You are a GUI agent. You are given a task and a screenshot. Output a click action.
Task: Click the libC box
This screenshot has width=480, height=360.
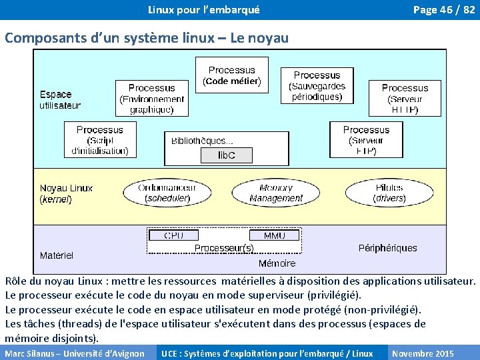tap(227, 155)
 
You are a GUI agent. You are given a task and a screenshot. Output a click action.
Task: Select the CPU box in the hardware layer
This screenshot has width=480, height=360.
tap(174, 235)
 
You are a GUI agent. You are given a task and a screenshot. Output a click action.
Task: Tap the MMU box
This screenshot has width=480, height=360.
tap(274, 235)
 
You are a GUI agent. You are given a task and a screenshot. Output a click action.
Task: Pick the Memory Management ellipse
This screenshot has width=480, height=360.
tap(276, 193)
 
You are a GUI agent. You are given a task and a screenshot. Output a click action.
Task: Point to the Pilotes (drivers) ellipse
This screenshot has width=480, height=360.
tap(389, 193)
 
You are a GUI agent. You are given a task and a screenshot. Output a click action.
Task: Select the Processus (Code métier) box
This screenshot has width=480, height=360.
tap(231, 75)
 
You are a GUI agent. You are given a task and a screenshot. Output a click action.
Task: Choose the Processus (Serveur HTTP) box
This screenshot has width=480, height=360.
tap(405, 98)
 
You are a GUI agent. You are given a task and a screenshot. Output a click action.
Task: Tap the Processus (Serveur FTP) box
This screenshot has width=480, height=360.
tap(366, 140)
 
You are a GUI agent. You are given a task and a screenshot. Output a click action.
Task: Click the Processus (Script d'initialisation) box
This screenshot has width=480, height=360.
tap(100, 140)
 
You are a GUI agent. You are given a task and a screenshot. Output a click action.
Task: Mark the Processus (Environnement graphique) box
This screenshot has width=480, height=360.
tap(151, 98)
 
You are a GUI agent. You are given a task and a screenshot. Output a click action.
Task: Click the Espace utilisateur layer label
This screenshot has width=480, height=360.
tap(59, 100)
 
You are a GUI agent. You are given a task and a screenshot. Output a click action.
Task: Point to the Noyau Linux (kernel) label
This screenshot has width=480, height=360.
tap(66, 193)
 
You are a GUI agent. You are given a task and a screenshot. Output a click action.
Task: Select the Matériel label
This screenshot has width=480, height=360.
tap(57, 255)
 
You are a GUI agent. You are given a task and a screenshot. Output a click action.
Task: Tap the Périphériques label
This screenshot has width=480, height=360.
tap(387, 248)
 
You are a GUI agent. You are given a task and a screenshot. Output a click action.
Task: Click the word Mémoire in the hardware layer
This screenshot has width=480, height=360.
tap(277, 263)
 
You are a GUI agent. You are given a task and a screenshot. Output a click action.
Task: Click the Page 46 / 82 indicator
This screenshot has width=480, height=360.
tap(443, 9)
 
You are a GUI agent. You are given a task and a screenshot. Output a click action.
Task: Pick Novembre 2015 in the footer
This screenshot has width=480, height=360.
tap(423, 353)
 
